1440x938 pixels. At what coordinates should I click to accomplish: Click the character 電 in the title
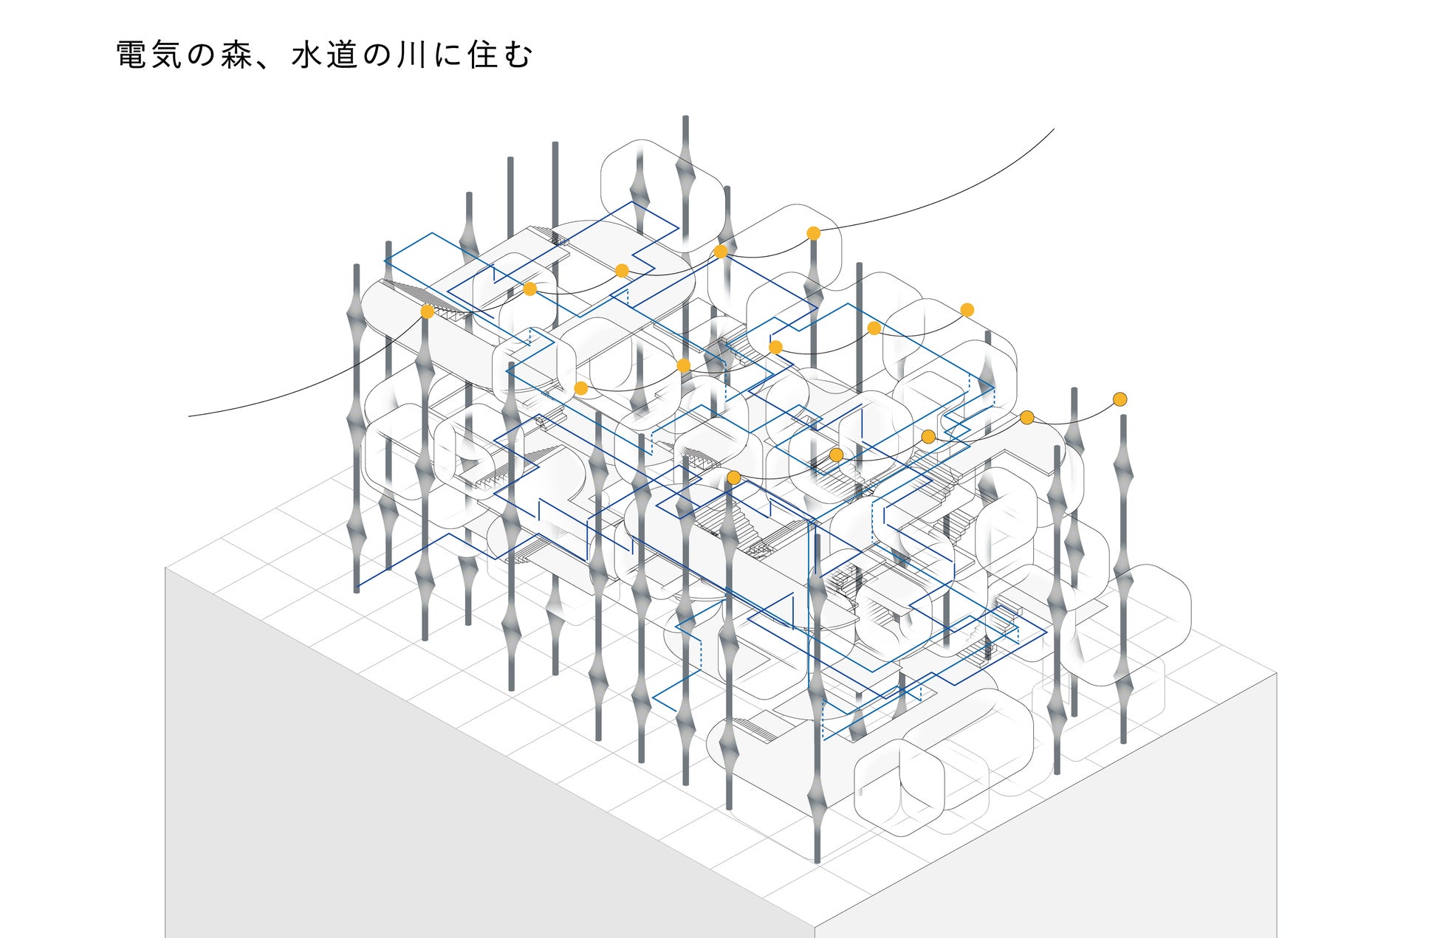(131, 55)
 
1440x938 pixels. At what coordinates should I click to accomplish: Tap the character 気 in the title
(167, 55)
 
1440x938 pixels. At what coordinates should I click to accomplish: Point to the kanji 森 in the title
(236, 55)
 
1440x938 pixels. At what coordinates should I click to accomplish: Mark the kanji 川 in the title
(411, 55)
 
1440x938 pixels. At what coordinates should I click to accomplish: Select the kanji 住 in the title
(481, 55)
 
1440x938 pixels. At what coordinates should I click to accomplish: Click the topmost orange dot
(813, 233)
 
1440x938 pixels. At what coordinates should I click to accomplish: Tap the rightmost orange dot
(1120, 399)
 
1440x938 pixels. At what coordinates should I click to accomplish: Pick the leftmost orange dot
(427, 311)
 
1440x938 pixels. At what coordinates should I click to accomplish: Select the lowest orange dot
(733, 477)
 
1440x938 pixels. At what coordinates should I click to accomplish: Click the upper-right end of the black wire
(1054, 129)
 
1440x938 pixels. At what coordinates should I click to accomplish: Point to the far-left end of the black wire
(189, 416)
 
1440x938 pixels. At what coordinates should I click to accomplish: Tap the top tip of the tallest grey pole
(685, 117)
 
